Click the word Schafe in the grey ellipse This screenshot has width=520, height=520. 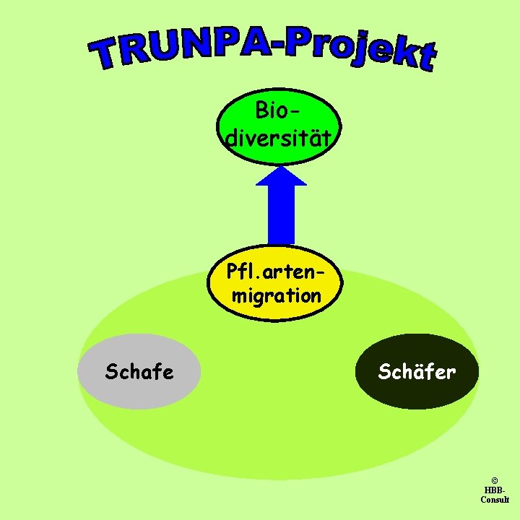click(x=139, y=373)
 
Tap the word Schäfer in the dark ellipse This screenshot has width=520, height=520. click(x=417, y=372)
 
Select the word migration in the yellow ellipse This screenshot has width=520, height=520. click(x=277, y=295)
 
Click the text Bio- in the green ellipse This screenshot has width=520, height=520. click(x=277, y=111)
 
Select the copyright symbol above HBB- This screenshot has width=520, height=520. click(x=495, y=480)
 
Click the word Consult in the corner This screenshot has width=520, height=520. click(x=495, y=500)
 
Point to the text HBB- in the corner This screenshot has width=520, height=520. click(x=495, y=490)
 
